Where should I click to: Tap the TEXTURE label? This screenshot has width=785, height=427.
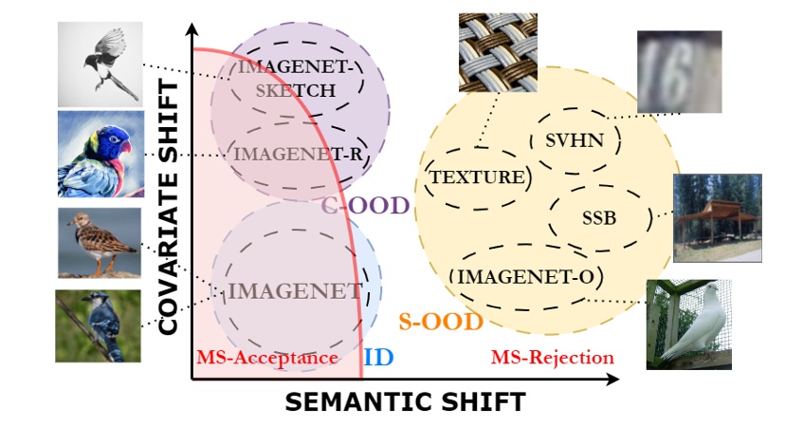477,176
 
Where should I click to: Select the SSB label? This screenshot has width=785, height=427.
598,218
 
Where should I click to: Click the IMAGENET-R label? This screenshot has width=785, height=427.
287,153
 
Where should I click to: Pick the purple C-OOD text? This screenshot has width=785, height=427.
364,205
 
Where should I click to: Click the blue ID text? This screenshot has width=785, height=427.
379,357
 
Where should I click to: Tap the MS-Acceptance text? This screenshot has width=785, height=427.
267,358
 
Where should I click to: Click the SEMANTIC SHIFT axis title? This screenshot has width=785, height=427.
405,401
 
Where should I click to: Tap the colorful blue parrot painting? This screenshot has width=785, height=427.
100,153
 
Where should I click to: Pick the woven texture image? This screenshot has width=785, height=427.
497,52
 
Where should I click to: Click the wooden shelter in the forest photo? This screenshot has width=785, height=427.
717,216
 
